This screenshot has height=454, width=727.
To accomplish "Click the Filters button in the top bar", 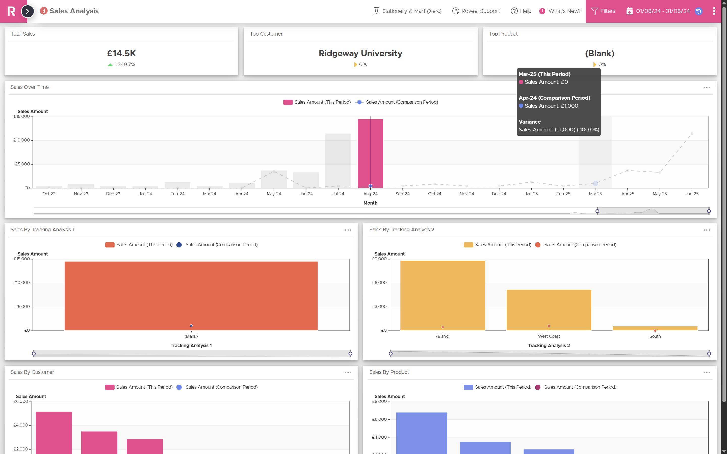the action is pos(603,11).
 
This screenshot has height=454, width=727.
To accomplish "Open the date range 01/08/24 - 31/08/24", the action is pos(662,11).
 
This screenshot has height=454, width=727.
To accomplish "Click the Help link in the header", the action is pos(521,11).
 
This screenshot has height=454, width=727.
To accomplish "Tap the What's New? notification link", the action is pos(560,11).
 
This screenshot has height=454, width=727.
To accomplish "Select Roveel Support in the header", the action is pos(476,11).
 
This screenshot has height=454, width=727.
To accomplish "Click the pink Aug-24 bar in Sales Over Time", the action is pos(370,153).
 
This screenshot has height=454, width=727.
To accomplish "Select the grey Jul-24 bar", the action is pos(338,161).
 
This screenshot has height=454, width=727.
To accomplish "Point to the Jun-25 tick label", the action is pos(692,194).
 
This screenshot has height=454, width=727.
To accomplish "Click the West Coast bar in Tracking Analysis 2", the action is pos(549,310).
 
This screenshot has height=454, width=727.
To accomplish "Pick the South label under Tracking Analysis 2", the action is pos(655,336).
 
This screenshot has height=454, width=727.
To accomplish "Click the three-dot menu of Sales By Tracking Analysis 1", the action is pos(348,230).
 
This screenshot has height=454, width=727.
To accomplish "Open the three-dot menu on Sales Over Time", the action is pos(707,88).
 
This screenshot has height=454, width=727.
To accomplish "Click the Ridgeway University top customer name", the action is pos(360,53).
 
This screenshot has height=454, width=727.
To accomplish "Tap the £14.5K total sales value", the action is pos(121,53).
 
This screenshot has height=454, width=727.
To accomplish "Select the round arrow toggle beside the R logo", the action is pos(28,11).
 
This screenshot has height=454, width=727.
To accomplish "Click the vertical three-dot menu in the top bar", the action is pos(714,11).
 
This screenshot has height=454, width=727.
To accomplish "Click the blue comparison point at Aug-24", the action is pos(370,186).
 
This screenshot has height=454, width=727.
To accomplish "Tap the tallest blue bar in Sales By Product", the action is pos(422,433).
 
